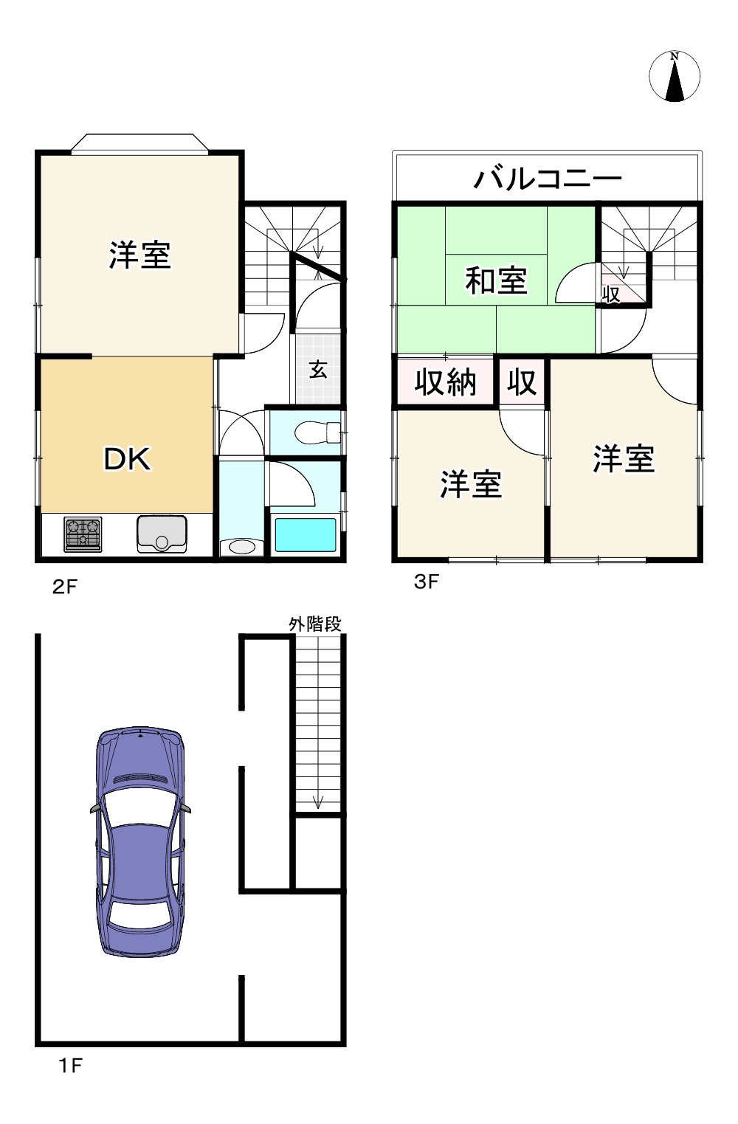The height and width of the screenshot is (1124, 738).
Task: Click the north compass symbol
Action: [x=675, y=77]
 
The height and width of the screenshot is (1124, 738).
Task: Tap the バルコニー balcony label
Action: [x=548, y=179]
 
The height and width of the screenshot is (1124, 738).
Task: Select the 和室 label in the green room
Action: [x=496, y=280]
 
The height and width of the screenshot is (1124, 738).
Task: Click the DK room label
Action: [x=127, y=460]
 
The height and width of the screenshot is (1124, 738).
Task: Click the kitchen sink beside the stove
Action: [x=162, y=534]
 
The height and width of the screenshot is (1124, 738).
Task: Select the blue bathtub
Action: [x=305, y=535]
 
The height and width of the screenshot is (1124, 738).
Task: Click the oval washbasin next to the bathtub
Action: [x=241, y=547]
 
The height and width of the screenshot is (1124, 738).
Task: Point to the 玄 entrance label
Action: [x=317, y=369]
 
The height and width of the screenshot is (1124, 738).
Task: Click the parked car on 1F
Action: [x=140, y=841]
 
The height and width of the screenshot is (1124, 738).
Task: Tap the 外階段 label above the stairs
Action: [x=315, y=624]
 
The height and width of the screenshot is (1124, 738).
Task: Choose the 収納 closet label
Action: [x=445, y=382]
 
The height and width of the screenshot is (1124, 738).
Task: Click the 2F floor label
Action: [x=65, y=587]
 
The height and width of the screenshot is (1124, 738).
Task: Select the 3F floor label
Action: [x=427, y=582]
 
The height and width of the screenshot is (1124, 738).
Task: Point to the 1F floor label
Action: [x=69, y=1066]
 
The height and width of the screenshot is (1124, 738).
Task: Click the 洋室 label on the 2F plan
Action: [x=140, y=255]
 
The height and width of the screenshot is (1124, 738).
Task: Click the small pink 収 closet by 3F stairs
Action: [x=611, y=293]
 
